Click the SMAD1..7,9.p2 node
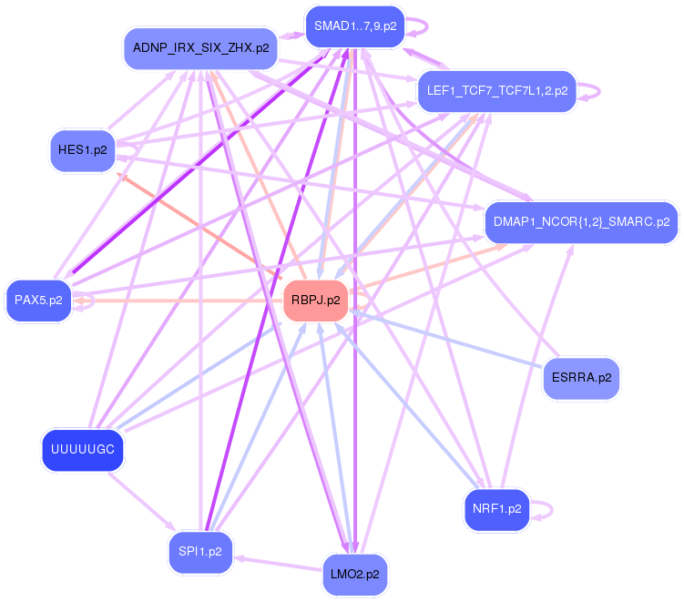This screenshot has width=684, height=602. tap(355, 26)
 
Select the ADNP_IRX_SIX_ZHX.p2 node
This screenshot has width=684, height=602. tap(200, 48)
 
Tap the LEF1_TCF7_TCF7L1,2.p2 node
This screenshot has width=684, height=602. tap(497, 91)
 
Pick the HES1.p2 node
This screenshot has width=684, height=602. tap(82, 150)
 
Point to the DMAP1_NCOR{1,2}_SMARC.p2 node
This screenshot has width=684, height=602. tap(581, 221)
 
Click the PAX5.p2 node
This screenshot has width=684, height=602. tap(38, 301)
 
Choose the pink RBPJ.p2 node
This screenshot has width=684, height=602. tap(316, 300)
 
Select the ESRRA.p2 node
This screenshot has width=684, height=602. tap(581, 378)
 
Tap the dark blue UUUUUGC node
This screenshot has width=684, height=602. tap(83, 450)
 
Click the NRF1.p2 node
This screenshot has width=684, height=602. tap(496, 508)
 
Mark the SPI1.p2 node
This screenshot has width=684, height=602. tap(200, 552)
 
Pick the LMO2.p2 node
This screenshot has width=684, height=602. tap(355, 575)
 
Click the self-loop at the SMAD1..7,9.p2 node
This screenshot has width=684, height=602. tap(423, 26)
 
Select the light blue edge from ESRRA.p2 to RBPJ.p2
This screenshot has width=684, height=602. tap(446, 342)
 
